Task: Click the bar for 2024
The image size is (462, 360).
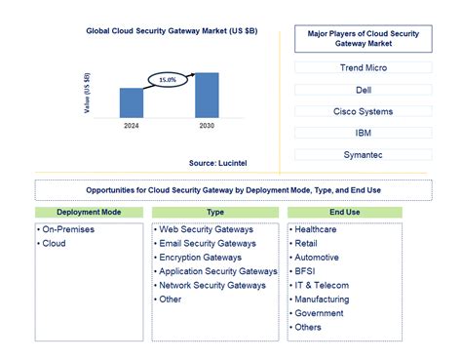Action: tap(132, 102)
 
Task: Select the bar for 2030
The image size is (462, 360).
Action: tap(207, 95)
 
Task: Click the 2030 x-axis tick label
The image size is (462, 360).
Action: tap(207, 125)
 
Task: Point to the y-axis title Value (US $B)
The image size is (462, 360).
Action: tap(88, 94)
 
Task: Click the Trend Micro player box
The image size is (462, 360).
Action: tap(363, 68)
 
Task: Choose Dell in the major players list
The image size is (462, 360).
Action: tap(363, 90)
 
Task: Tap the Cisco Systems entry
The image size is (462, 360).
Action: tap(363, 111)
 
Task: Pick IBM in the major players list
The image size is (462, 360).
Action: tap(363, 133)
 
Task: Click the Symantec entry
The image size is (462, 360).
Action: tap(363, 154)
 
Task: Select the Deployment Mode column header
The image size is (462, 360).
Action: tap(89, 212)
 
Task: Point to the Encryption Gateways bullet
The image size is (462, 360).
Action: tap(201, 258)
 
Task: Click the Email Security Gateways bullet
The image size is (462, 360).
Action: tap(207, 244)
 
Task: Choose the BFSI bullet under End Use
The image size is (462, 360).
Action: tap(306, 271)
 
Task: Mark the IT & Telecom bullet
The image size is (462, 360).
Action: tap(322, 286)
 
